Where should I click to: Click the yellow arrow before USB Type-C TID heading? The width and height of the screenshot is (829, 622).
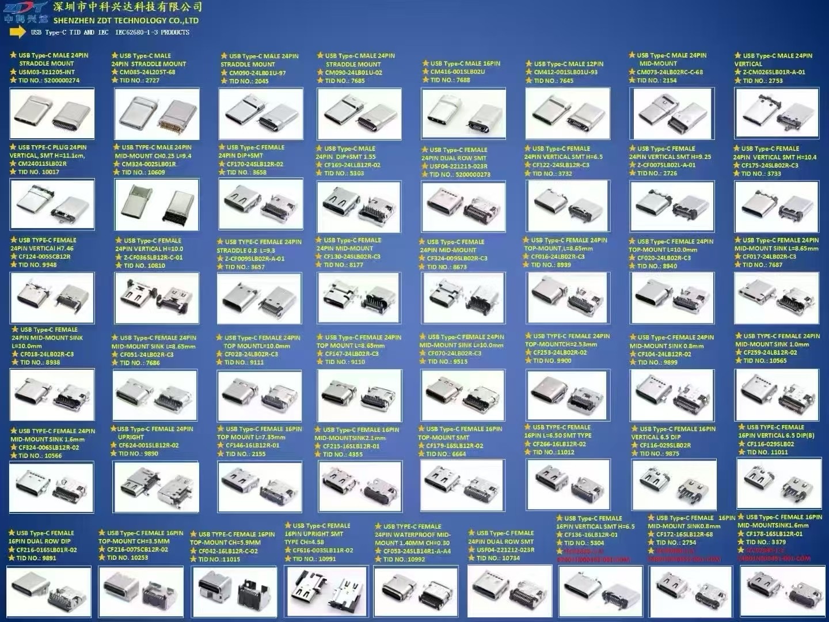18,32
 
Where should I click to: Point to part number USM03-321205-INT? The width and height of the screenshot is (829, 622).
47,72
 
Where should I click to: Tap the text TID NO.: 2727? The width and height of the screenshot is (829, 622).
139,81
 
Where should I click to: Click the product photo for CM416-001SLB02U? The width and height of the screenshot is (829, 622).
463,113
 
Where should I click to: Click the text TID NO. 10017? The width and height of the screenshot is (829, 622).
39,172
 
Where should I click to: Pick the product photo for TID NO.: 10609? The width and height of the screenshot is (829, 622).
157,204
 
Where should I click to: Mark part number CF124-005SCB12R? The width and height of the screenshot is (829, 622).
44,257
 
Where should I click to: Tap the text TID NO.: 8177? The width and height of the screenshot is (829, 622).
343,265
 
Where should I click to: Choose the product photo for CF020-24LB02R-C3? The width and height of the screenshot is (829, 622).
672,298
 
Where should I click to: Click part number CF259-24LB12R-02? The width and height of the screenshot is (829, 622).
770,352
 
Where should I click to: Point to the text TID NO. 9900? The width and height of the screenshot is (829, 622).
552,361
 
